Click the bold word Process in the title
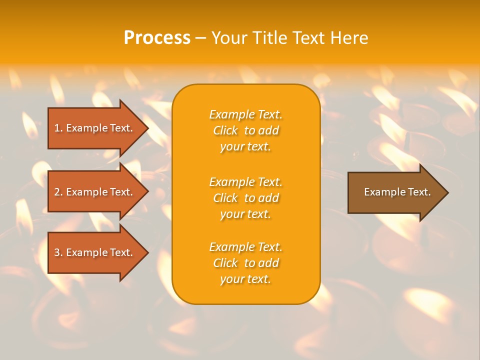coord(157,37)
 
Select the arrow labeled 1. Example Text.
coord(95,128)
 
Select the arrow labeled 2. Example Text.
coord(95,192)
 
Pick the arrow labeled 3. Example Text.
coord(95,252)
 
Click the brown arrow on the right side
coord(395,192)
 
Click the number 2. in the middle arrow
coord(58,192)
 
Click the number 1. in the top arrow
coord(58,128)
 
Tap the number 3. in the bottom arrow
coord(58,252)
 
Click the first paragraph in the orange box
coord(245,130)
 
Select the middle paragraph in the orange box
coord(245,198)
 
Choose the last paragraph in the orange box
coord(245,263)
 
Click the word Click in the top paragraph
coord(225,130)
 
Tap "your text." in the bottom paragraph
coord(245,279)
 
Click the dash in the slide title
coord(200,38)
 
